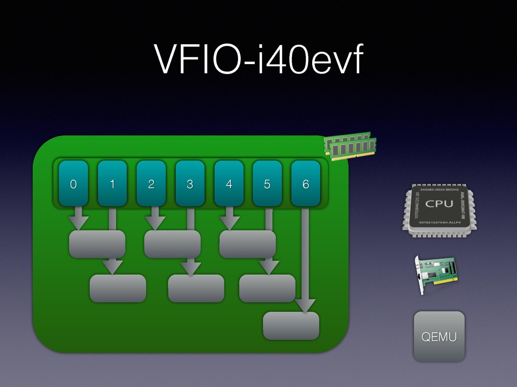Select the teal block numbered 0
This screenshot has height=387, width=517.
tap(73, 183)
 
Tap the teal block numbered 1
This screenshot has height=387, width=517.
tap(112, 183)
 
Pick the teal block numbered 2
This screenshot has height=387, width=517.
tap(151, 183)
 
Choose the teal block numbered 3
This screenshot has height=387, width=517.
tap(190, 183)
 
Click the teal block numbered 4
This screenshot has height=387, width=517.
tap(229, 183)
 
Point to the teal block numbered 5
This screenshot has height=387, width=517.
tap(267, 183)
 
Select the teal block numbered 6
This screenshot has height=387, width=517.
tap(306, 183)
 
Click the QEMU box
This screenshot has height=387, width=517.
tap(439, 336)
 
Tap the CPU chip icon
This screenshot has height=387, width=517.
tap(439, 211)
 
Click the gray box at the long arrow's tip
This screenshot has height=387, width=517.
tap(291, 325)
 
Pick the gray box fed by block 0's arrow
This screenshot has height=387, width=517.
tap(97, 244)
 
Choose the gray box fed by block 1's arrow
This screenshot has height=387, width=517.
tap(118, 288)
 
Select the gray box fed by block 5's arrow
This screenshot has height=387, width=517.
tap(267, 288)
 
